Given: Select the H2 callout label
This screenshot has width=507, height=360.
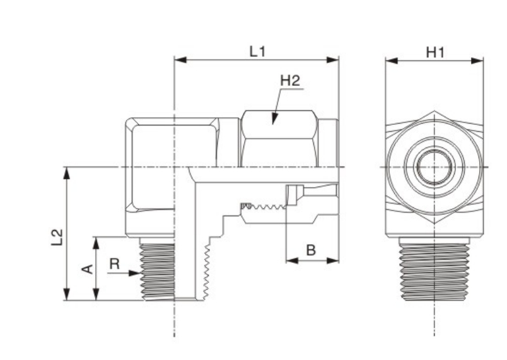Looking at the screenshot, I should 289,81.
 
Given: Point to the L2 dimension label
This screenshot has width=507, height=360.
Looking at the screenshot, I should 57,236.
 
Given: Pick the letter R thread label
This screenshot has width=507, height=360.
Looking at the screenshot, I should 114,264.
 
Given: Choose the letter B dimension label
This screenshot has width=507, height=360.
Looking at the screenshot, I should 311,250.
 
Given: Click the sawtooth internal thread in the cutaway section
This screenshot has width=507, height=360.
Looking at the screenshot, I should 265,206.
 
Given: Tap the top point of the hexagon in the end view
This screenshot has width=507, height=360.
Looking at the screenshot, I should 434,112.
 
